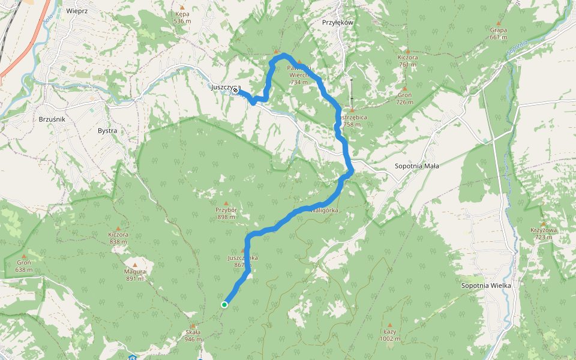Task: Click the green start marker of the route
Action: coord(224,305)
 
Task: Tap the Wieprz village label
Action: coord(78,11)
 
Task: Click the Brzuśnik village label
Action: coord(52,119)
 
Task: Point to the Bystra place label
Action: coord(107,130)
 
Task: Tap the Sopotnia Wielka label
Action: coord(486,285)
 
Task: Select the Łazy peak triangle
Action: coord(389,325)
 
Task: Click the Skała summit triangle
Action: coord(193,326)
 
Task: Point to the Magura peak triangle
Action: coord(135,265)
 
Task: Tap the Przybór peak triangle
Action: coord(226,203)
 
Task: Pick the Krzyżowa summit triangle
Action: coord(544,223)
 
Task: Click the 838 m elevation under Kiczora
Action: coord(119,242)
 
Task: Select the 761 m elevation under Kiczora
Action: coord(407,65)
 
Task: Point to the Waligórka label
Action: coord(325,211)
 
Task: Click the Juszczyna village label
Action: coord(226,88)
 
